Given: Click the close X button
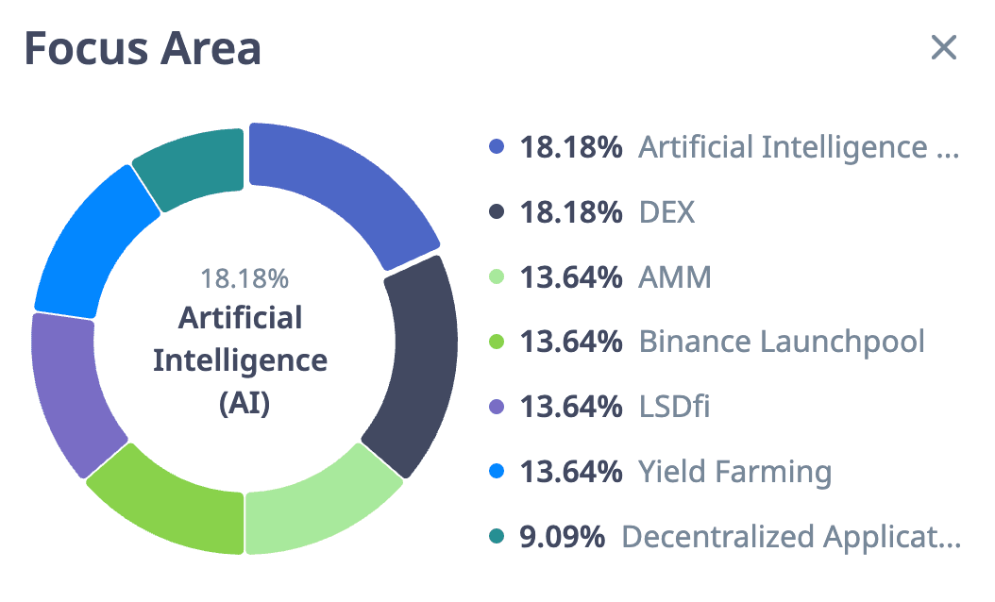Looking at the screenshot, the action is [944, 47].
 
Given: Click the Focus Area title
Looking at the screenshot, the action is [143, 48].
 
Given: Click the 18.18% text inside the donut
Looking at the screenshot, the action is [245, 278].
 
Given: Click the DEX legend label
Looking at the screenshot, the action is [666, 212].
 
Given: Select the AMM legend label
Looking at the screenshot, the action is [675, 277].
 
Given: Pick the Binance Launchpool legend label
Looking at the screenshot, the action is [782, 342].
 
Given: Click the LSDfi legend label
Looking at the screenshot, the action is [675, 407].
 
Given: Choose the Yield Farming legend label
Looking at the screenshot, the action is [735, 472].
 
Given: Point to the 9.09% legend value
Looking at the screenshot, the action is [563, 537].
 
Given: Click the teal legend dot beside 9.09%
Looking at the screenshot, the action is [497, 537].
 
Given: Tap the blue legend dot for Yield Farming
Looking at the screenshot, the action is [497, 472].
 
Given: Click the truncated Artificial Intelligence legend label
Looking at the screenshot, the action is [799, 148].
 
